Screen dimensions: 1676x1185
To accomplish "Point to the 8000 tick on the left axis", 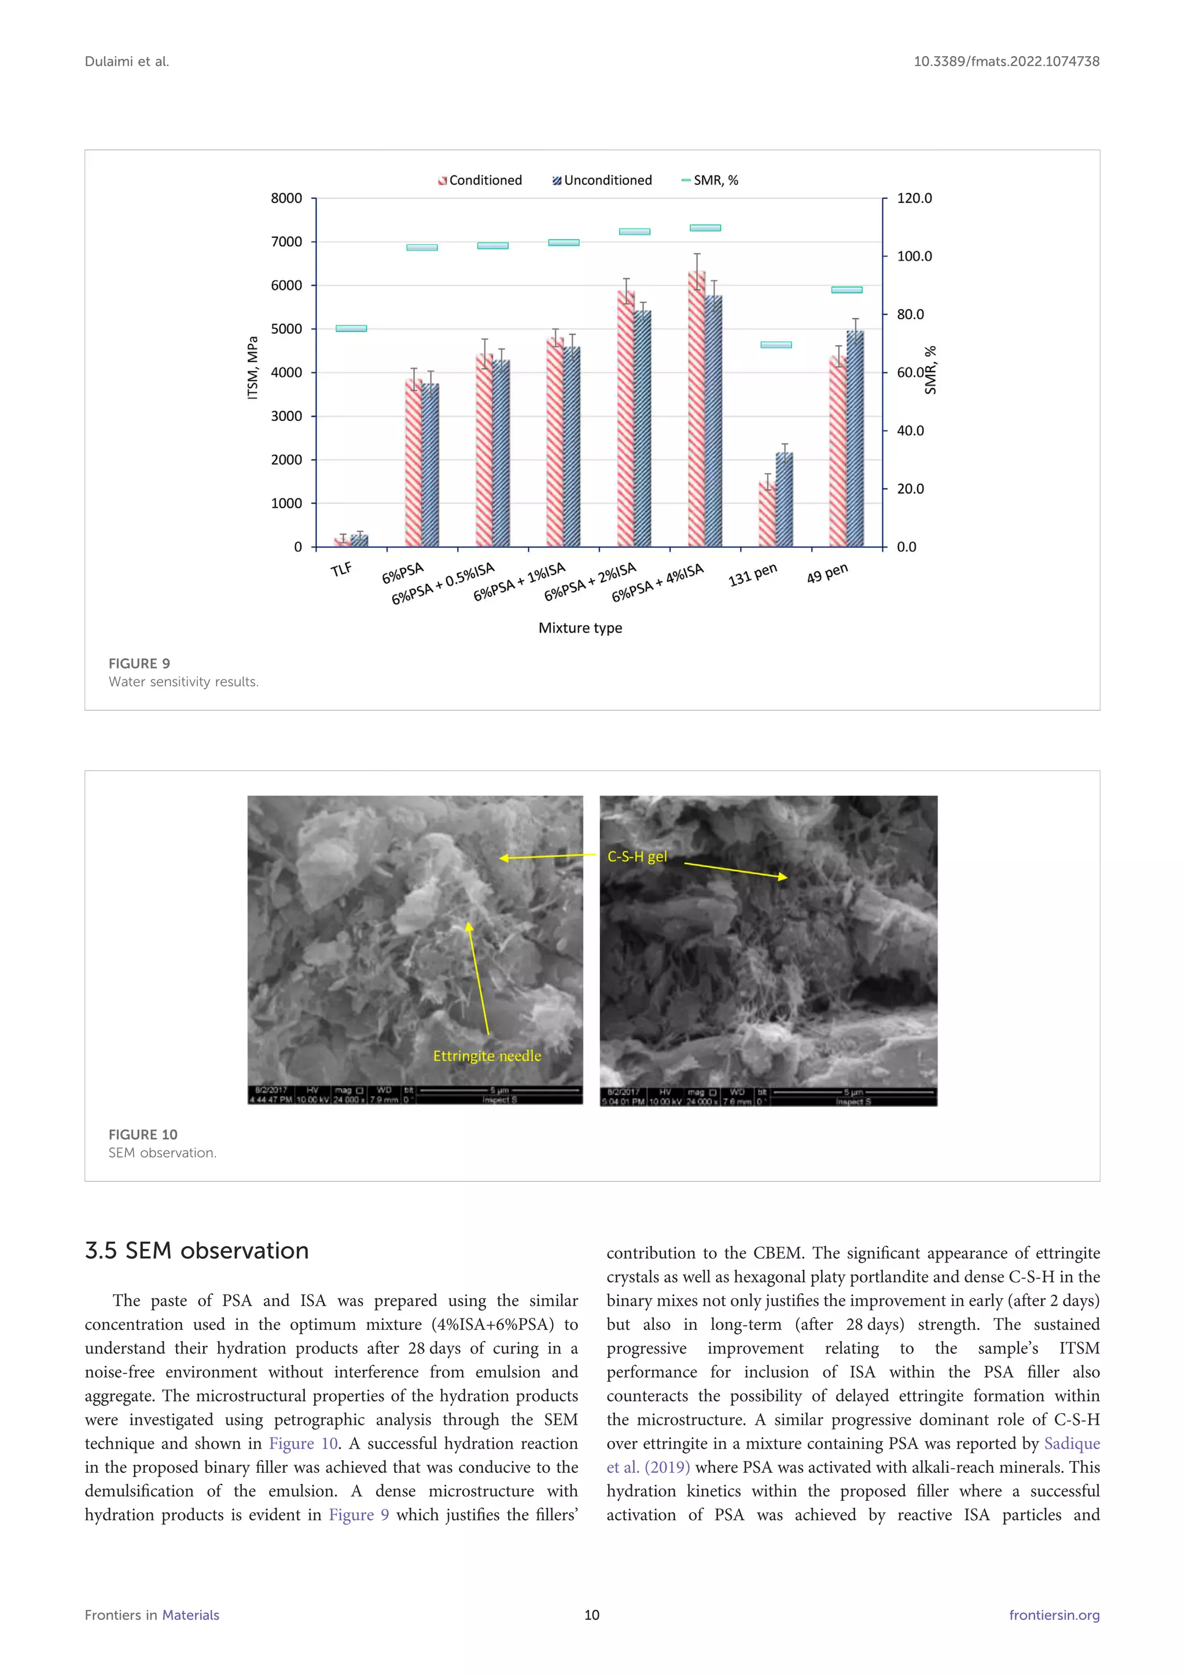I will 286,199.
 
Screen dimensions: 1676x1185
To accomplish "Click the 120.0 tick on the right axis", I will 914,199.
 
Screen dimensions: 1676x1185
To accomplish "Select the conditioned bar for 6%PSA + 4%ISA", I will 697,409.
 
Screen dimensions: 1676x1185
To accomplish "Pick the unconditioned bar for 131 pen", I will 785,499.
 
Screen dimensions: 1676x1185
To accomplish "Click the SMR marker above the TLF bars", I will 351,329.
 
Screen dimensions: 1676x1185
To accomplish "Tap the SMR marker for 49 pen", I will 847,290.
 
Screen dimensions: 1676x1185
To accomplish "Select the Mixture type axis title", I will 580,628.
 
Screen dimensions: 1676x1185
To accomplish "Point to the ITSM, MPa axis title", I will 252,368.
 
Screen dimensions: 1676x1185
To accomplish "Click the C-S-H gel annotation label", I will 637,857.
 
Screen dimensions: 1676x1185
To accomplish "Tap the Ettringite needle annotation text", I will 487,1056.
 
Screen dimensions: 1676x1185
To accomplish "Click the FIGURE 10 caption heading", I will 143,1134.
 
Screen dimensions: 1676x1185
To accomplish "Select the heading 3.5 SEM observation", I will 197,1251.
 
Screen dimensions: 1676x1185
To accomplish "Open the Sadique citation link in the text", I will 1071,1443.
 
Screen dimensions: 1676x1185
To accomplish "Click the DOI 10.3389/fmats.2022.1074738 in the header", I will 1006,62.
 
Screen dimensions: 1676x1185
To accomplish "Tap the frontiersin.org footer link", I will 1054,1615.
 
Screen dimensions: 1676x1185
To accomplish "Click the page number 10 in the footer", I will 592,1615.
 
